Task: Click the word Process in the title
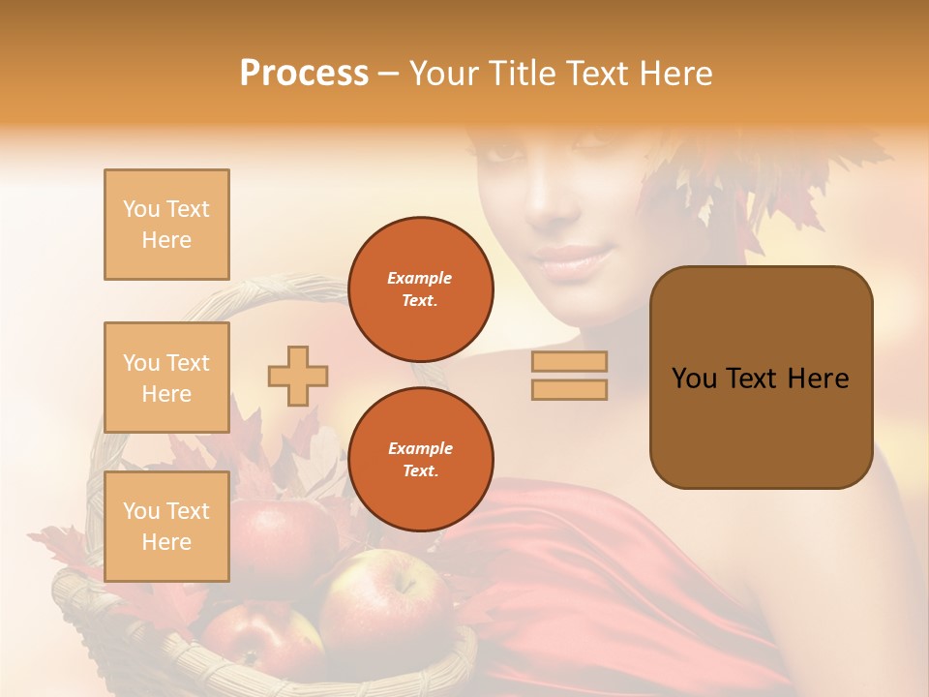304,74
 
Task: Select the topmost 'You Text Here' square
166,225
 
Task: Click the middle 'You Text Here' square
166,378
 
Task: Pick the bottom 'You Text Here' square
166,526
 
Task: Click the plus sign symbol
297,376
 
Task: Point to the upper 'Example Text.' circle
420,288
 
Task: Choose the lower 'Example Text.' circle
420,459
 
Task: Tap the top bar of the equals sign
569,361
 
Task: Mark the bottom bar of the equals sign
569,389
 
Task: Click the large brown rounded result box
761,378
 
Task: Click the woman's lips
575,259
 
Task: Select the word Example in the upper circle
420,278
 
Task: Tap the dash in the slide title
389,74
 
